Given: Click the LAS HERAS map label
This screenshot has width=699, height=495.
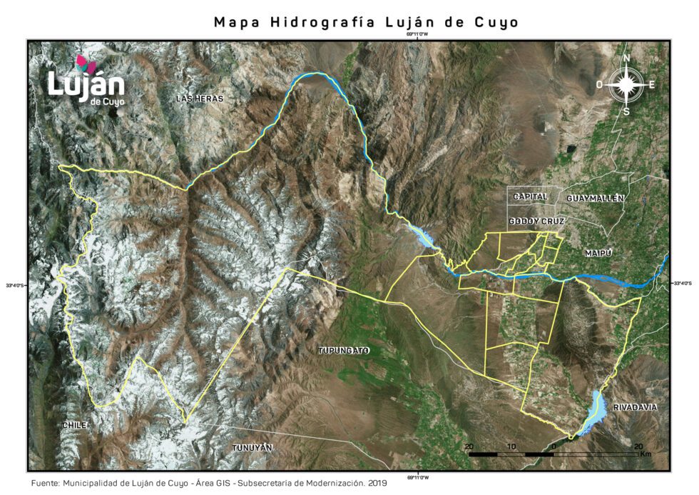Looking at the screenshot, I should [200, 99].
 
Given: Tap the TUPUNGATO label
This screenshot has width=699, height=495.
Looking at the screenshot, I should [343, 350].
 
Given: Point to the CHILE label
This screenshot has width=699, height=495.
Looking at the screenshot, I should [75, 425].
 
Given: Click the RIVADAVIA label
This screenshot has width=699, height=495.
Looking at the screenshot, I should [635, 408].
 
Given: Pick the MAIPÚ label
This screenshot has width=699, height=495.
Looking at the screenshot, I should [599, 254].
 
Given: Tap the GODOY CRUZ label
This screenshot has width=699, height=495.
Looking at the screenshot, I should [537, 222].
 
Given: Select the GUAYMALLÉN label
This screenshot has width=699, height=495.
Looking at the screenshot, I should [596, 198].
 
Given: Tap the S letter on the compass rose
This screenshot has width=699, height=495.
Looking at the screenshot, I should [626, 111].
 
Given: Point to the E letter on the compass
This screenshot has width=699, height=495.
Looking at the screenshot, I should [652, 84].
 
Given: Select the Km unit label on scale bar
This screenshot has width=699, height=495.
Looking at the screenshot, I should [646, 454].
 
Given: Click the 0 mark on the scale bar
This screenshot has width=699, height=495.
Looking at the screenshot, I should [553, 446].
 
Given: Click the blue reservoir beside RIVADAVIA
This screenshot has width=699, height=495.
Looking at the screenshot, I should [594, 413].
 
